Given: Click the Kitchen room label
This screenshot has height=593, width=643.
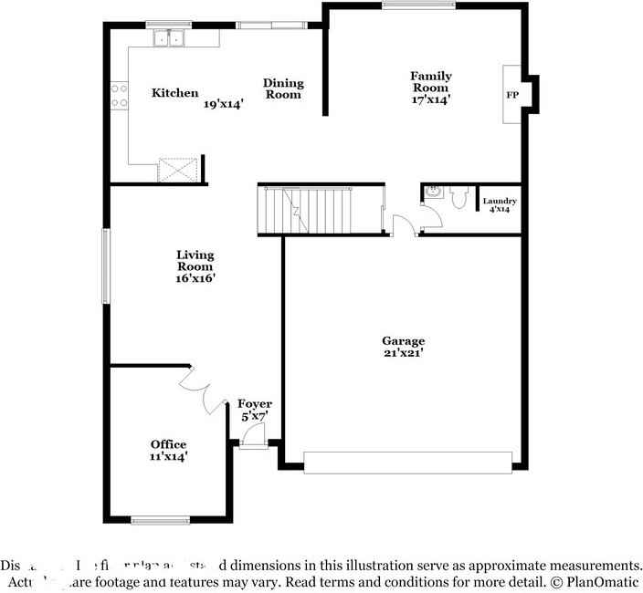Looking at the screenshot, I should [174, 92].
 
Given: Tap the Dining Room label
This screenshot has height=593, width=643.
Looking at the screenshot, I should [283, 88].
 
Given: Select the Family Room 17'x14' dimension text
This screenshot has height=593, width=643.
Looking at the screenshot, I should [430, 100].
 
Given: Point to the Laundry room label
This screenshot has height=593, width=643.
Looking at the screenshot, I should [500, 201].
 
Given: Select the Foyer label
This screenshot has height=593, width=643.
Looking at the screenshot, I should [255, 403].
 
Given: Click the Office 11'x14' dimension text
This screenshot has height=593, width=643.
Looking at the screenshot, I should [169, 455].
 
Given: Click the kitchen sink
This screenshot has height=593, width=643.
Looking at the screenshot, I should [170, 38].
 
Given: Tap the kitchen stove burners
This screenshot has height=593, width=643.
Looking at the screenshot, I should [119, 96].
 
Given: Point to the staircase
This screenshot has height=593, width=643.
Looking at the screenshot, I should [308, 211].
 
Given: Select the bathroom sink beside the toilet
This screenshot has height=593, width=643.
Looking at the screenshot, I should [432, 192].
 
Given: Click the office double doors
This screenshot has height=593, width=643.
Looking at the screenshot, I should [204, 390].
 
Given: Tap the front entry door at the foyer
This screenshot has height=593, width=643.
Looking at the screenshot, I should [253, 437].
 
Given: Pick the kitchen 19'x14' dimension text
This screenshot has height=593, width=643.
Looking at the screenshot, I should [224, 104].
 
